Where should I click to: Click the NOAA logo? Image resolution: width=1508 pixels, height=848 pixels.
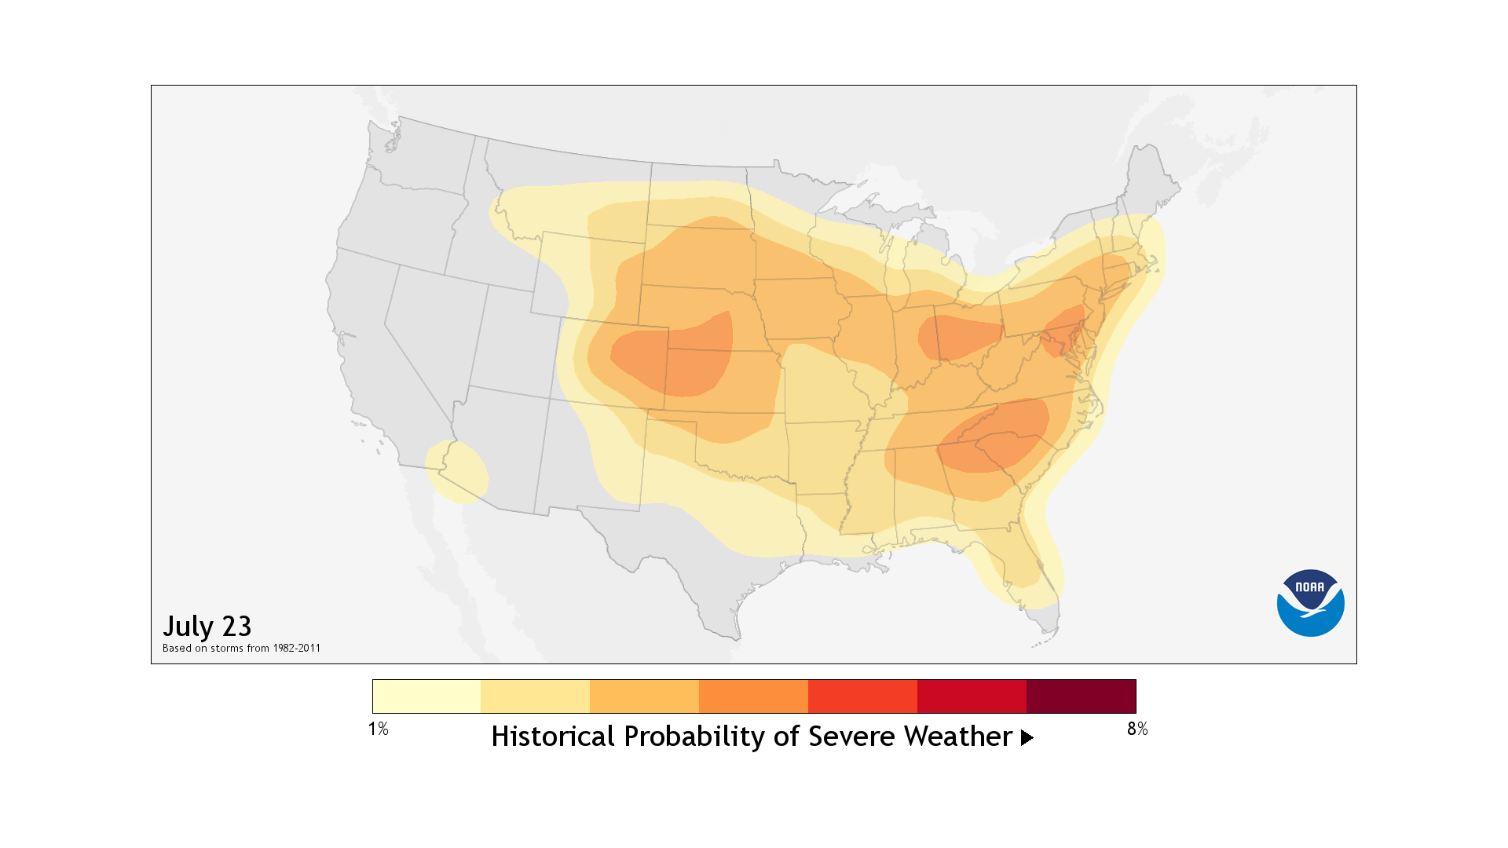click(x=1310, y=603)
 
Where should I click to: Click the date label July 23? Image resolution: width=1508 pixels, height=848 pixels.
click(x=207, y=627)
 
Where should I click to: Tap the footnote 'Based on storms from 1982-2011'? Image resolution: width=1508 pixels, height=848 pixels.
click(x=241, y=649)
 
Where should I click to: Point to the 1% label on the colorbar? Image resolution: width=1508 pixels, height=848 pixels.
click(x=379, y=729)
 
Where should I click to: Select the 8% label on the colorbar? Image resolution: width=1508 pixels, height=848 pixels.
click(x=1136, y=729)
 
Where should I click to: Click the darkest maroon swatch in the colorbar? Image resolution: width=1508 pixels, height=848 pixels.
click(x=1081, y=696)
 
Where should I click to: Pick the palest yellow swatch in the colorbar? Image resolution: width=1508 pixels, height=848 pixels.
click(x=426, y=696)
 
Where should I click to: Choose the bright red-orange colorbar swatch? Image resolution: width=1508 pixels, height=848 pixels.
click(x=862, y=696)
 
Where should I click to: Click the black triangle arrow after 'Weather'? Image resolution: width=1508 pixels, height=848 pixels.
click(x=1027, y=738)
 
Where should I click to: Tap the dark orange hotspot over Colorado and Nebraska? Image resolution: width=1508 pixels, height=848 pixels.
click(x=675, y=357)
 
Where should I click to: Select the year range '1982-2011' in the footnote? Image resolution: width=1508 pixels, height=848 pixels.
click(x=296, y=649)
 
